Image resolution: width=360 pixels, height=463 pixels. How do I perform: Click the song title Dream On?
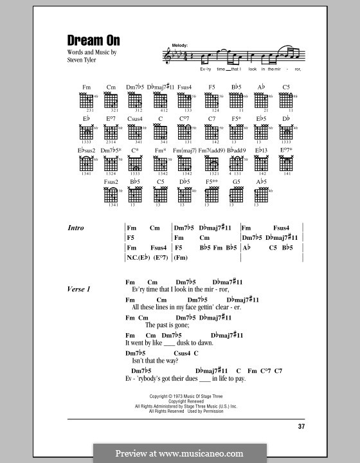coord(93,40)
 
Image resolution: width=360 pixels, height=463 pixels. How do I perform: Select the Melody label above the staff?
coord(179,45)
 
